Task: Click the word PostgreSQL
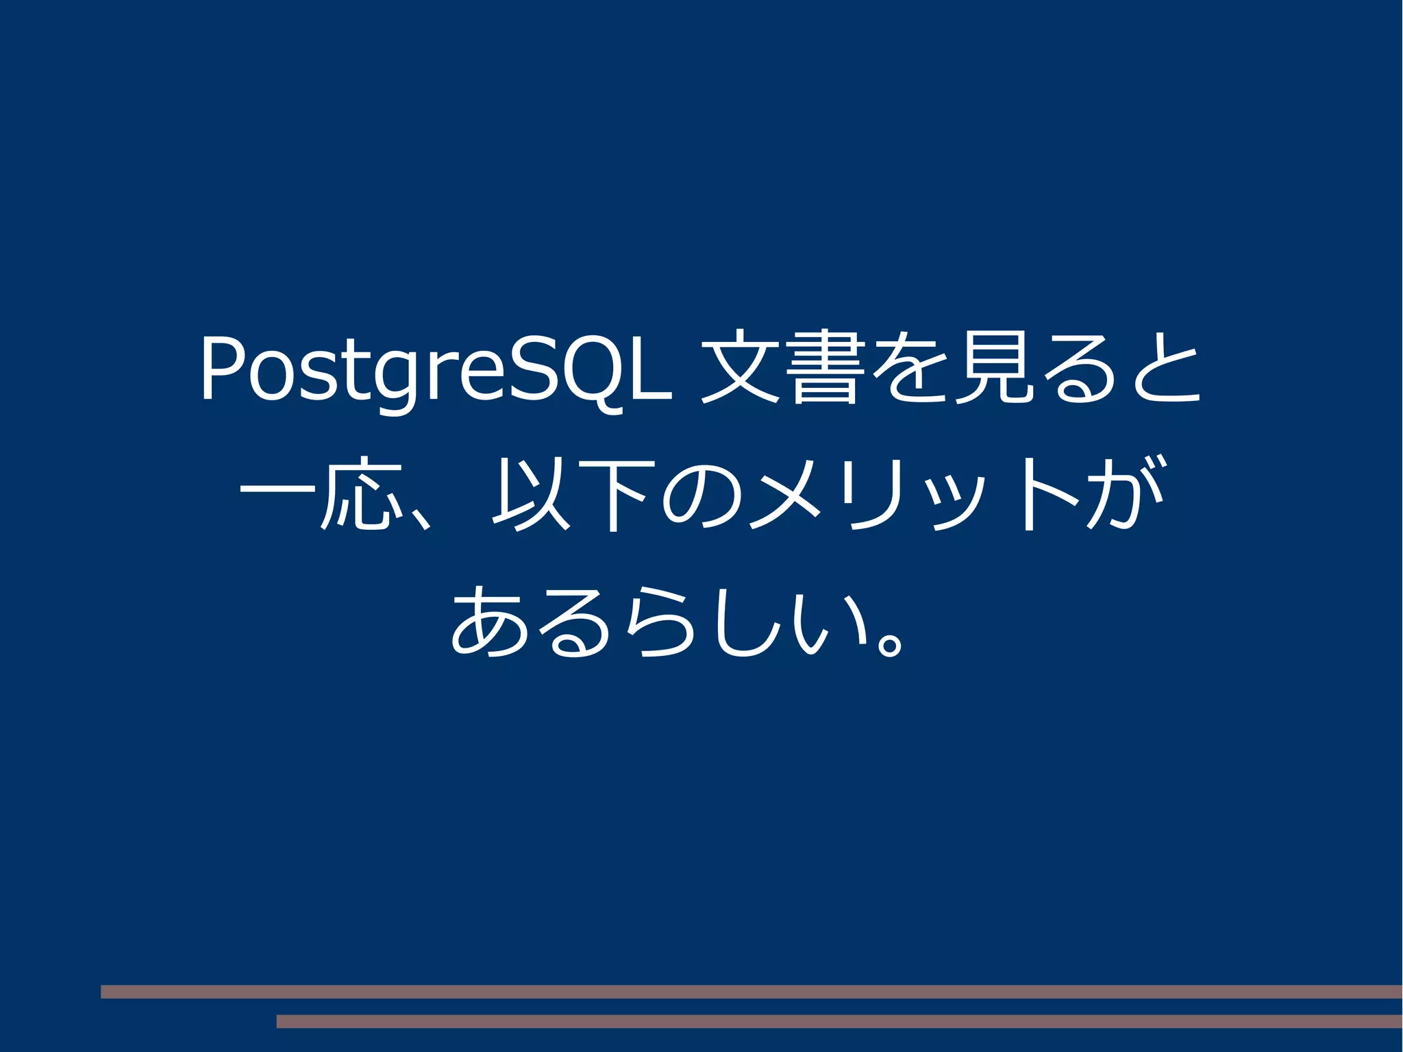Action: [x=435, y=370]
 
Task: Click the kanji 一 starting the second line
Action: [x=278, y=492]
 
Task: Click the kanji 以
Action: [x=532, y=495]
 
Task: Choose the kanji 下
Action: [x=614, y=495]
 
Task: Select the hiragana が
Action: [x=1123, y=493]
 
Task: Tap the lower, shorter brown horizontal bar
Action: [x=839, y=1021]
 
